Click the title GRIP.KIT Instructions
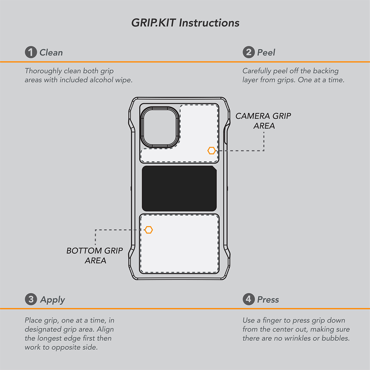[185, 23]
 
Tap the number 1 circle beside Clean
[31, 52]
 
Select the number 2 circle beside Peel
[249, 52]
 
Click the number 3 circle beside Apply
[31, 299]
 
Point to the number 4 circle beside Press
[249, 299]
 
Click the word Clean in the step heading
[51, 52]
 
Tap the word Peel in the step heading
[266, 52]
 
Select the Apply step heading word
[52, 300]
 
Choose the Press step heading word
[268, 299]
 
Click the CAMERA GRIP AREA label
[263, 121]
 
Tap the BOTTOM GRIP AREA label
[95, 255]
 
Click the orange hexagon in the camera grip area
[212, 151]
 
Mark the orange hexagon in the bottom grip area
[149, 230]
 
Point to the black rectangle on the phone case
[179, 188]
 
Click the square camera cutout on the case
[160, 128]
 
